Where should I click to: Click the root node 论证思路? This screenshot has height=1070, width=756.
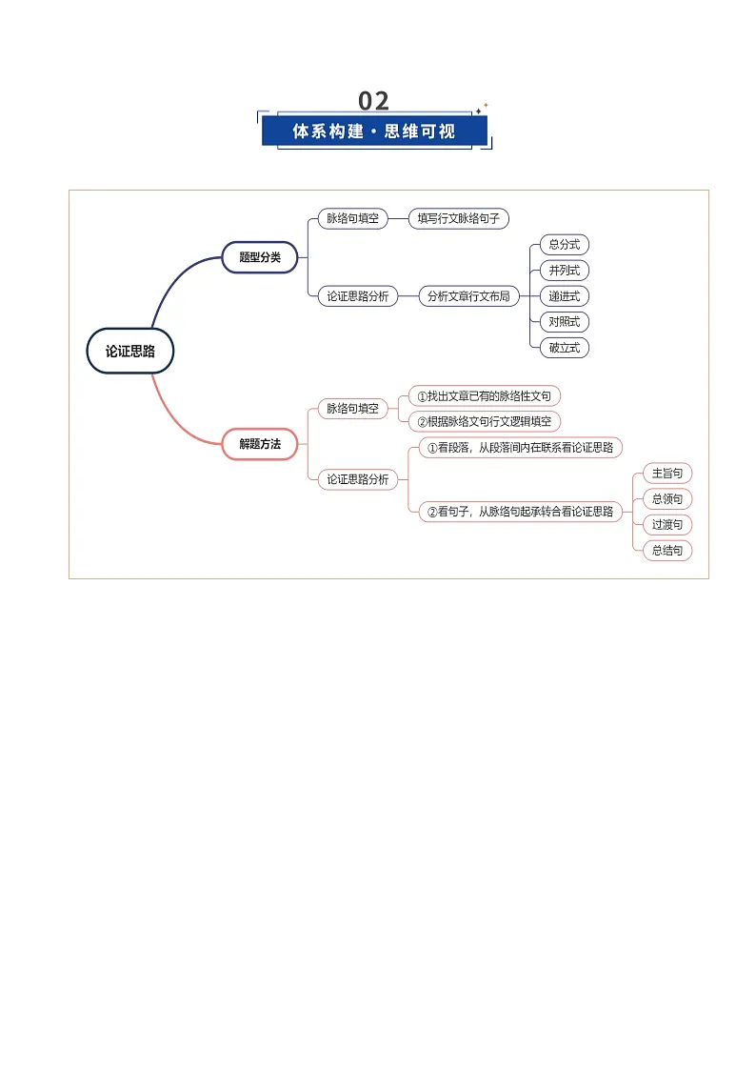point(130,351)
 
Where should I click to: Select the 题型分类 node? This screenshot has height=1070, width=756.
point(260,257)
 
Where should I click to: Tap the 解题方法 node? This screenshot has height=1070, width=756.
point(260,444)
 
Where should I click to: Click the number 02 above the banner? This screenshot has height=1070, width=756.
point(373,101)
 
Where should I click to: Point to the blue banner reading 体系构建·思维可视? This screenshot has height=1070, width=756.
point(374,131)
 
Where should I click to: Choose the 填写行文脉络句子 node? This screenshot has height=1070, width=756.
point(459,218)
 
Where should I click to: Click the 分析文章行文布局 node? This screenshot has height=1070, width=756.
point(469,296)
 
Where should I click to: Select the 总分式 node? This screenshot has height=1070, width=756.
point(565,244)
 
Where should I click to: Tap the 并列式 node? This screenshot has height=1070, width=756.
point(565,271)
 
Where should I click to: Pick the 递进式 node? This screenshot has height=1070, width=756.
point(565,296)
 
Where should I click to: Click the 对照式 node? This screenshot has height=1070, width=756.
point(565,321)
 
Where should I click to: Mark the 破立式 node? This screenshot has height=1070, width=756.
point(565,348)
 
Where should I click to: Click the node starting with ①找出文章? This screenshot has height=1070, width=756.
point(484,395)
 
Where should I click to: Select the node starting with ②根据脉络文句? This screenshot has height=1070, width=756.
point(484,422)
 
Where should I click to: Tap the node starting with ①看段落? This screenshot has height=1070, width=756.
point(520,448)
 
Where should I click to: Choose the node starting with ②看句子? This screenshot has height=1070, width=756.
point(520,511)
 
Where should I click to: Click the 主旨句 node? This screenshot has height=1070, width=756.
point(667,473)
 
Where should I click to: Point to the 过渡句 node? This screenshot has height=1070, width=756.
point(667,524)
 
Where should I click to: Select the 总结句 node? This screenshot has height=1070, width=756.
point(667,550)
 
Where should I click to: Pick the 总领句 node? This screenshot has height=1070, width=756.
point(667,499)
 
